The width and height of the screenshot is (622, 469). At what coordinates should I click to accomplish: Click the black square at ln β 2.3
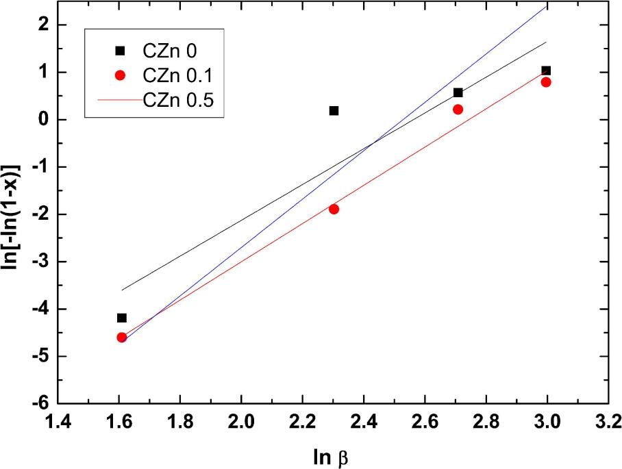(x=334, y=110)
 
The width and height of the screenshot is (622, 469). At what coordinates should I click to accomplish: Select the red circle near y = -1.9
(x=334, y=209)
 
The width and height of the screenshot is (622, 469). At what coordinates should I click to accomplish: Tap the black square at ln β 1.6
(x=122, y=318)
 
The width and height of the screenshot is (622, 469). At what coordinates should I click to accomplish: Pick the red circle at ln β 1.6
(x=122, y=337)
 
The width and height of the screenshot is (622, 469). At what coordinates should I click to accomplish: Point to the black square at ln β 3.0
(x=546, y=71)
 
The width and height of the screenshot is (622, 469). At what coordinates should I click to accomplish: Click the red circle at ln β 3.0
(x=546, y=82)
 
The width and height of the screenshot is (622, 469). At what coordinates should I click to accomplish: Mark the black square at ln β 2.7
(x=458, y=92)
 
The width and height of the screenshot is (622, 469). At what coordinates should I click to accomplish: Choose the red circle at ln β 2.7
(x=458, y=110)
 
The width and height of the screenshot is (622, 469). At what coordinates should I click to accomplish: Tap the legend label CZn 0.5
(x=179, y=100)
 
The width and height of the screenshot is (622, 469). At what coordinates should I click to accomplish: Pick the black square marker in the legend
(x=119, y=50)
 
